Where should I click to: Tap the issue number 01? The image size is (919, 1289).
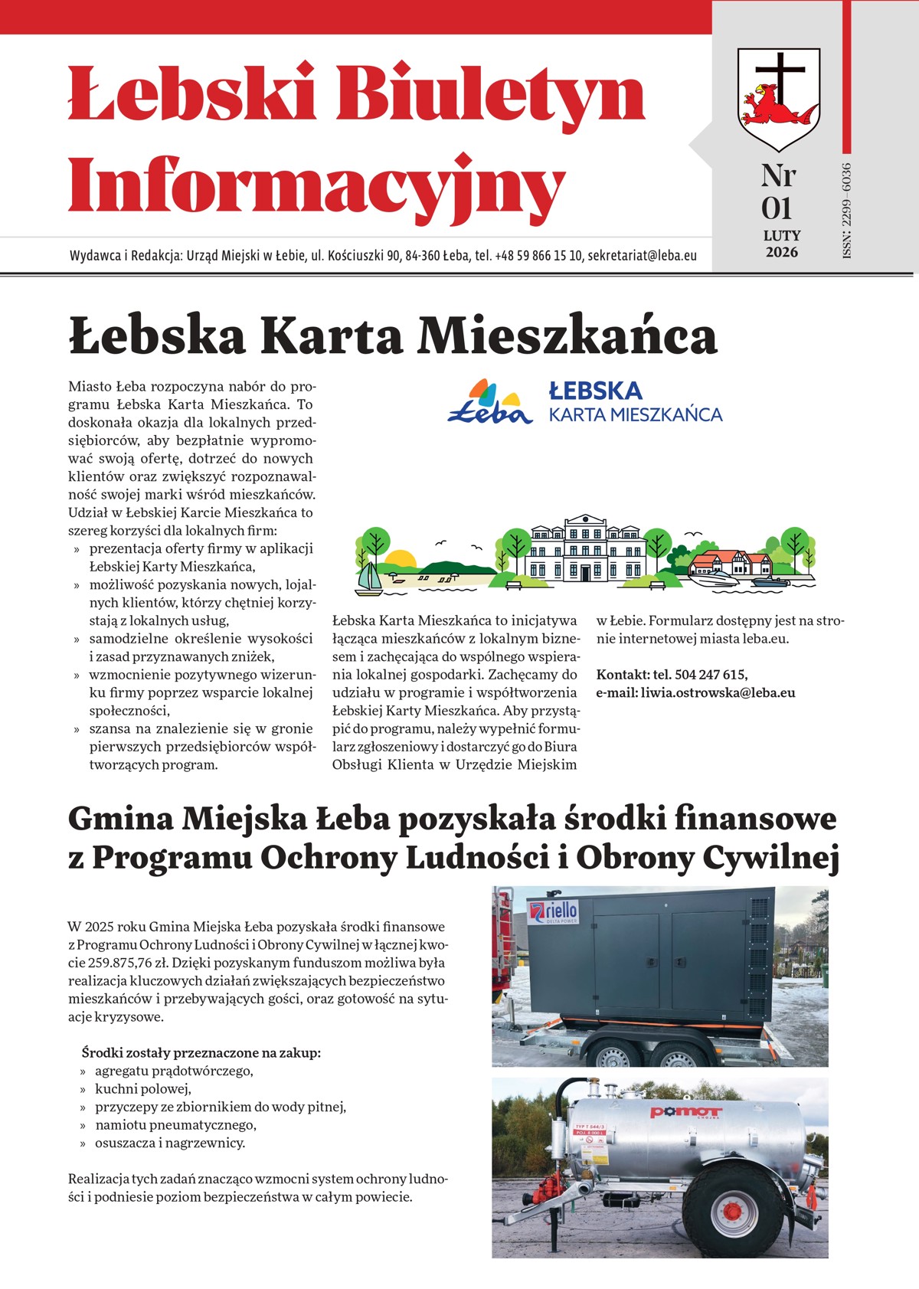tap(777, 209)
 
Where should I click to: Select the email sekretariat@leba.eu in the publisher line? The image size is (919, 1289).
tap(642, 256)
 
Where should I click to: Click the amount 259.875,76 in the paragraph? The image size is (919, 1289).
tap(103, 963)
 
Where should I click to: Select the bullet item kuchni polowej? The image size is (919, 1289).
tap(143, 1089)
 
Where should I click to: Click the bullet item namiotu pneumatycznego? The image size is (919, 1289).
tap(175, 1125)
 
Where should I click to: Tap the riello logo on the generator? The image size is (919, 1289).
tap(554, 913)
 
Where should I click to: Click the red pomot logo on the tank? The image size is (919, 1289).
tap(685, 1112)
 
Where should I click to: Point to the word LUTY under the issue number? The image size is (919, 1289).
tap(781, 236)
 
